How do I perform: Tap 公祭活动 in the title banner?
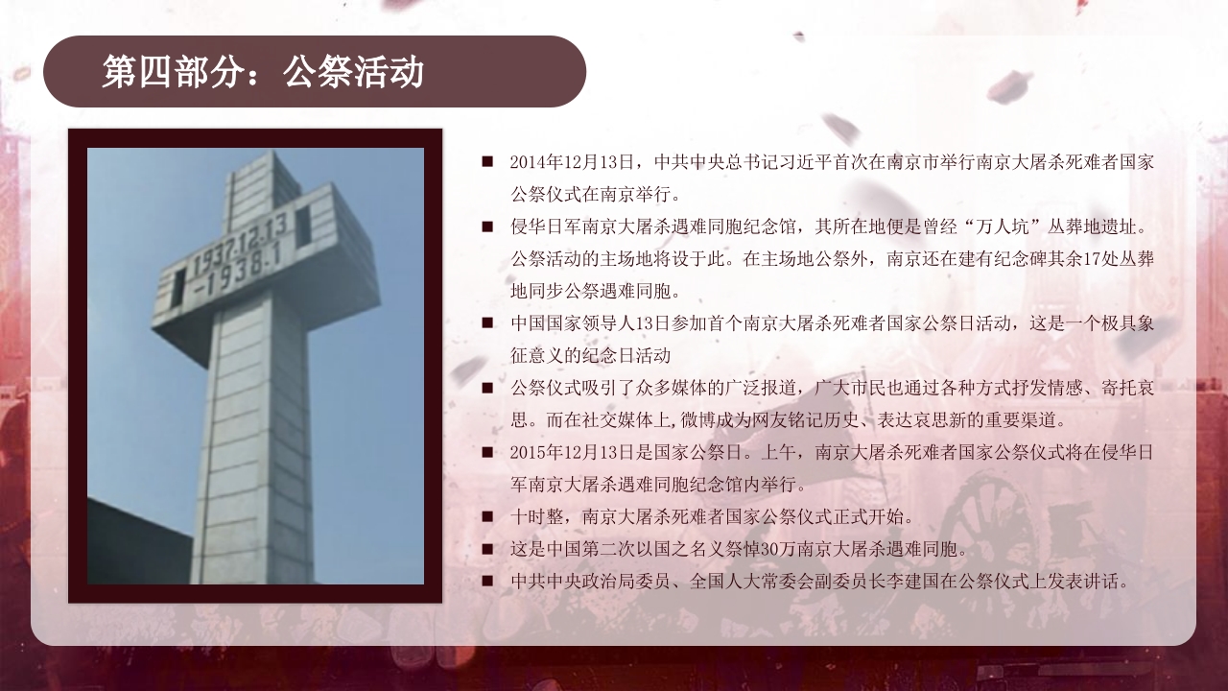353,72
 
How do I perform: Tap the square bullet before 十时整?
487,517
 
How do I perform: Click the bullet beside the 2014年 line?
487,162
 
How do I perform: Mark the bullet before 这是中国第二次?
487,550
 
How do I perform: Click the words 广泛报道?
745,388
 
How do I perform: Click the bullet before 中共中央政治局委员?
487,582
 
